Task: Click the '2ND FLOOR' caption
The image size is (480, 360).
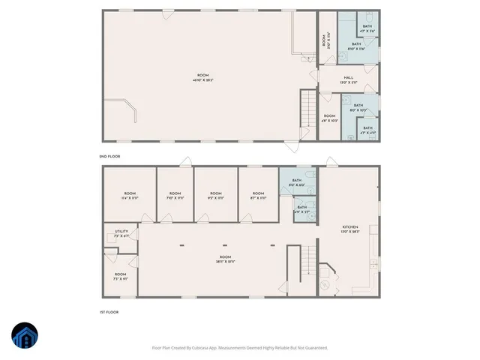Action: tap(109, 156)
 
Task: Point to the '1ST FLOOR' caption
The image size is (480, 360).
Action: tap(109, 312)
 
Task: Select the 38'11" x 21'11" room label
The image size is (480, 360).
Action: tap(225, 259)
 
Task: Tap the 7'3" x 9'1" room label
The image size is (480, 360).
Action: tap(121, 276)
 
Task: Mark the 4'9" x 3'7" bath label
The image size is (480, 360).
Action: tap(301, 209)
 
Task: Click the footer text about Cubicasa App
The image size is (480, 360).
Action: tap(240, 347)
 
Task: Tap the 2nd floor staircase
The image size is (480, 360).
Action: tap(307, 109)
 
